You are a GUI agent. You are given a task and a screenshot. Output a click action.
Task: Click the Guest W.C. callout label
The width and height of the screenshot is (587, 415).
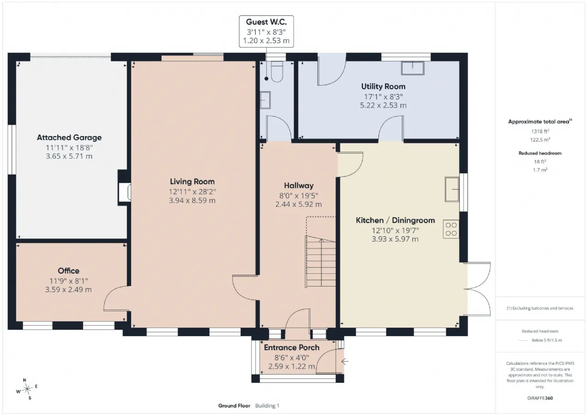coord(266,32)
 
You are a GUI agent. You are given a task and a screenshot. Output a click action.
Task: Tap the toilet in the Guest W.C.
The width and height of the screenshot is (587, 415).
coord(277,72)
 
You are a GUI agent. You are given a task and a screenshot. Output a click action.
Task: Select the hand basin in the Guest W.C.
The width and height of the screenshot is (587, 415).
coord(265,100)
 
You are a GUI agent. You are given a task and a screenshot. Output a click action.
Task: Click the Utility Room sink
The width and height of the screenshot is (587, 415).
coord(412,68)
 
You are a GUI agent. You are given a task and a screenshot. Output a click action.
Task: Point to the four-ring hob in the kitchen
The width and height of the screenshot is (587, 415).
coord(451,229)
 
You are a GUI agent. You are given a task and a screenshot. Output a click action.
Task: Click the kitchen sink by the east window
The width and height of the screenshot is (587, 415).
coord(452,189)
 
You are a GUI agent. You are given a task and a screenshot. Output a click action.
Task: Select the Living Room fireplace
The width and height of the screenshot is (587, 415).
coord(125,192)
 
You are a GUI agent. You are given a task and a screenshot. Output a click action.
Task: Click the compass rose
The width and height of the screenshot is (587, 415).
coord(27,389)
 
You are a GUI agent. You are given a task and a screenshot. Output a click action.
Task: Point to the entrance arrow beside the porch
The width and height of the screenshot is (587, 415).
coord(345,361)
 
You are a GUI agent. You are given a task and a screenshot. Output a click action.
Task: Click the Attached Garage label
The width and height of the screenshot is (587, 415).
coord(69,138)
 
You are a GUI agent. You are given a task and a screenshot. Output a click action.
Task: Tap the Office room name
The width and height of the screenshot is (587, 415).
coord(68,271)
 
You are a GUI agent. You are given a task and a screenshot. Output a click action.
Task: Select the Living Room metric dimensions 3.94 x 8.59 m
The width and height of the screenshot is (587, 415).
coord(192,200)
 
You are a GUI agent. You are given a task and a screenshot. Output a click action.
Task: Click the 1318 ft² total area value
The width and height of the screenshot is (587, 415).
coord(540,131)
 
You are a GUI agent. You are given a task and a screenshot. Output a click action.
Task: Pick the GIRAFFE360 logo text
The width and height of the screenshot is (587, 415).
coord(540,398)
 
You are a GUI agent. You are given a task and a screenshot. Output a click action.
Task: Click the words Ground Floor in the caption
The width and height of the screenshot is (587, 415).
coord(234,405)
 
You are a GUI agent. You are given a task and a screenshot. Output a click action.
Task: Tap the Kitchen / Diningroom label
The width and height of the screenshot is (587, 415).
coord(395,220)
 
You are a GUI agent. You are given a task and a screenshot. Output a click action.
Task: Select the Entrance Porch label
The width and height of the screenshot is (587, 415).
coord(292,348)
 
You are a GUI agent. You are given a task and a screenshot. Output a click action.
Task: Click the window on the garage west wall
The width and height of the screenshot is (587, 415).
coord(12,149)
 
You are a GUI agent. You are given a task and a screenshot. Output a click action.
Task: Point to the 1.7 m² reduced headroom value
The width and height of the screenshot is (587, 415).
coord(540,170)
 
